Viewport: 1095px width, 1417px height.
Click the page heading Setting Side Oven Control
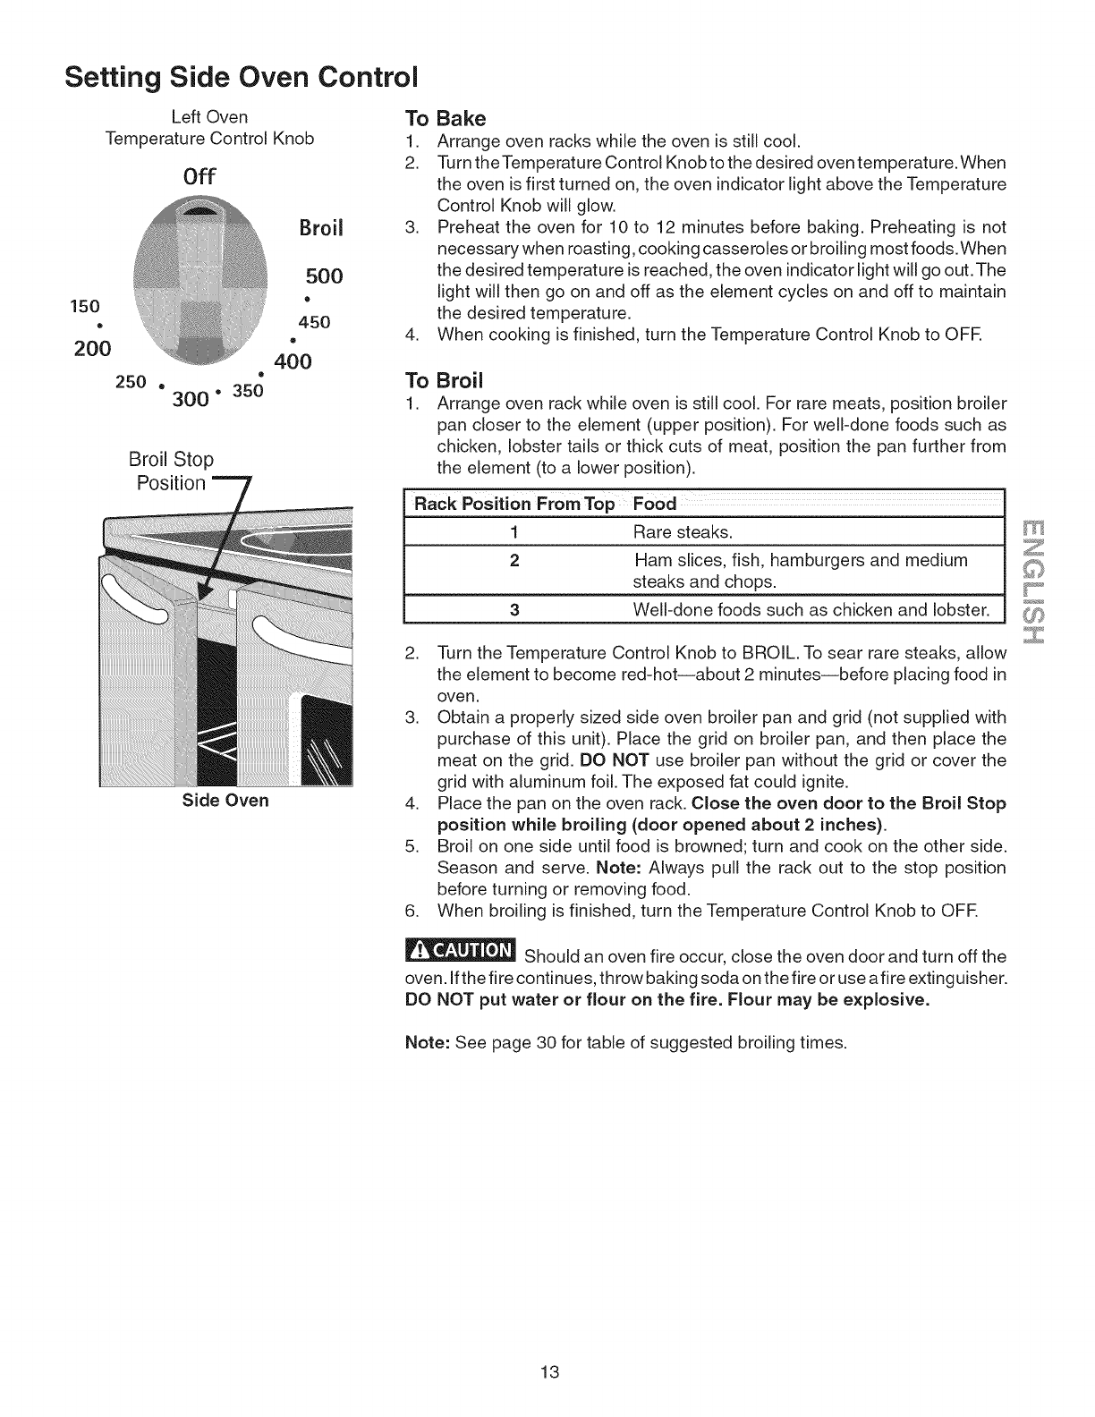pos(242,74)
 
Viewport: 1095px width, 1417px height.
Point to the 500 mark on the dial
pos(323,275)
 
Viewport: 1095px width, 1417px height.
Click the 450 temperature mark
pos(315,322)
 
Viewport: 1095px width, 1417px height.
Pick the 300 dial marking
pos(191,399)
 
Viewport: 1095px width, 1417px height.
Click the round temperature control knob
pos(200,286)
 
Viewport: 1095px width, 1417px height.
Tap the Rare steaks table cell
pos(683,533)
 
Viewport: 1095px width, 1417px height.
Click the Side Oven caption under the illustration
pos(225,800)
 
